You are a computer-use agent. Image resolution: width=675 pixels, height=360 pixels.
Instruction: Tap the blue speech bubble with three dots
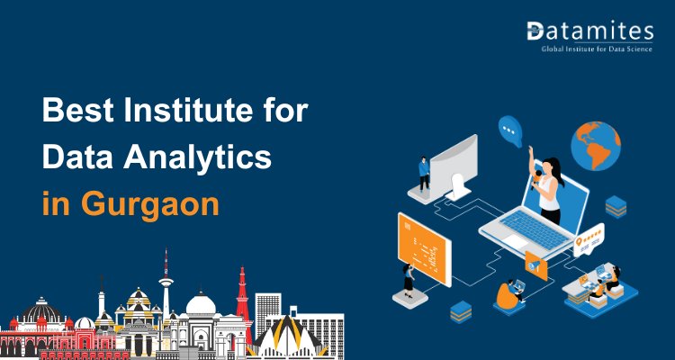[x=511, y=131]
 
